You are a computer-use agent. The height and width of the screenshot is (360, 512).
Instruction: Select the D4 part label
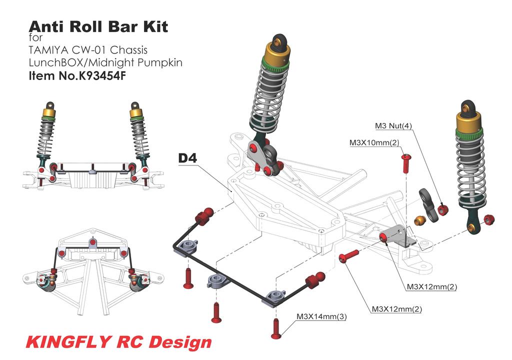(188, 158)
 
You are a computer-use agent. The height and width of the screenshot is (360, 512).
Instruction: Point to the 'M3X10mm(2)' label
(374, 143)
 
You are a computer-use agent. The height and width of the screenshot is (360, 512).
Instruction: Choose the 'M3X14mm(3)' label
(321, 316)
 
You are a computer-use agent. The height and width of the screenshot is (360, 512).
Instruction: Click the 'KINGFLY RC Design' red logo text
(118, 342)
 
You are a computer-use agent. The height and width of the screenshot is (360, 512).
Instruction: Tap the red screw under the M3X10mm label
(406, 163)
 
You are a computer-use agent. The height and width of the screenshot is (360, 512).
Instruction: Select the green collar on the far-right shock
(469, 132)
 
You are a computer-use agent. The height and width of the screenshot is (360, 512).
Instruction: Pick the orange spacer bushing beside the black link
(420, 219)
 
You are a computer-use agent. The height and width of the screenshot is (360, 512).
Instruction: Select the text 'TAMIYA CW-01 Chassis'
(88, 50)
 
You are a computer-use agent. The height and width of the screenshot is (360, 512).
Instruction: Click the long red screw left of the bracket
(349, 256)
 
